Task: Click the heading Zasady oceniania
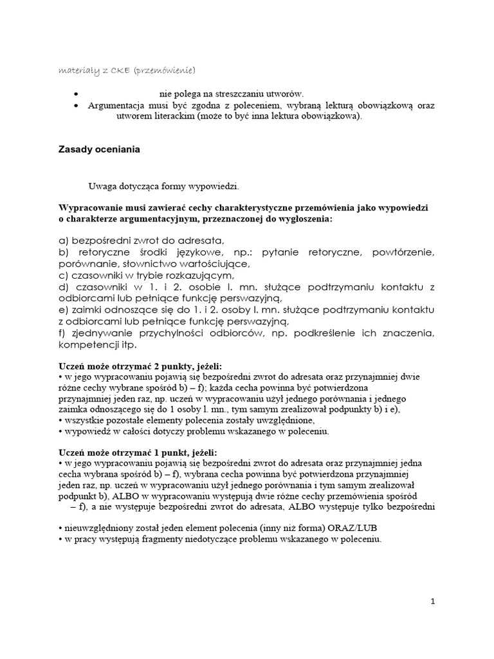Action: pos(99,149)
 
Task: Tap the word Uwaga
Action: pos(102,187)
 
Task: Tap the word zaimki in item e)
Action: pos(86,310)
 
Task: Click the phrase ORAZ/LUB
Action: pos(356,529)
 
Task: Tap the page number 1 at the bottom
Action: pos(433,601)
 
